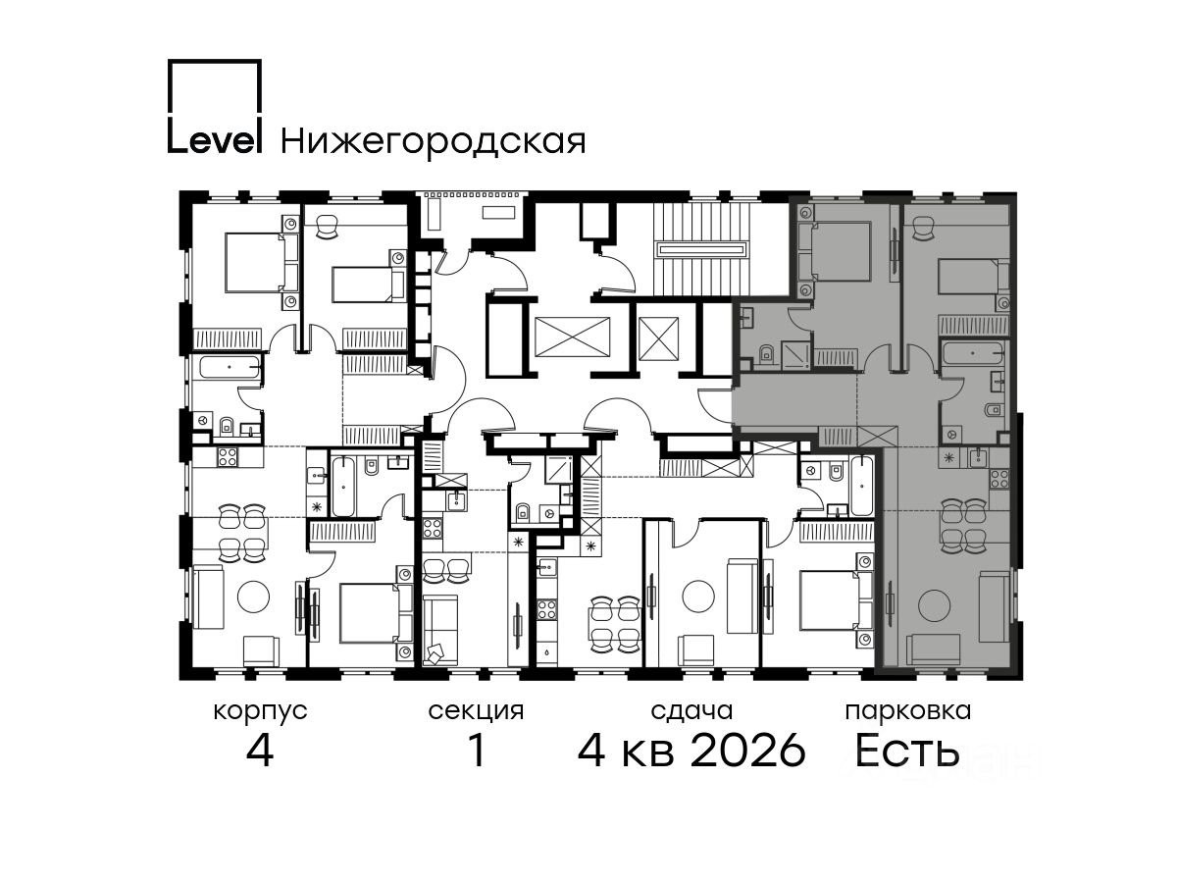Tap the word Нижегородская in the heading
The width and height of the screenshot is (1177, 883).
tap(434, 141)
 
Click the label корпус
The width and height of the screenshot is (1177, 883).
tap(260, 712)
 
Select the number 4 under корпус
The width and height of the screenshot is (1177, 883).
tap(260, 751)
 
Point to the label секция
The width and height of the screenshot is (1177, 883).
tap(476, 712)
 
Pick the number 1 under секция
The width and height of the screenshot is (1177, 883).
tap(477, 751)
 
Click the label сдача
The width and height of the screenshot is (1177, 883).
tap(691, 711)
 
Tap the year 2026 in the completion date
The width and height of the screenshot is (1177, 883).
tap(747, 751)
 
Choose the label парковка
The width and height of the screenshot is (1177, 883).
tap(908, 712)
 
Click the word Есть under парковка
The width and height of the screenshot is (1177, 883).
tap(906, 751)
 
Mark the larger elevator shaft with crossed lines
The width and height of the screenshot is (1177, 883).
tap(573, 337)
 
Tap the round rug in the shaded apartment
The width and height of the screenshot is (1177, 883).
tap(935, 605)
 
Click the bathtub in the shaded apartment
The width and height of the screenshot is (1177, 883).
tap(973, 354)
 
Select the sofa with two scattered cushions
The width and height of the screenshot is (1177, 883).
tap(440, 630)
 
